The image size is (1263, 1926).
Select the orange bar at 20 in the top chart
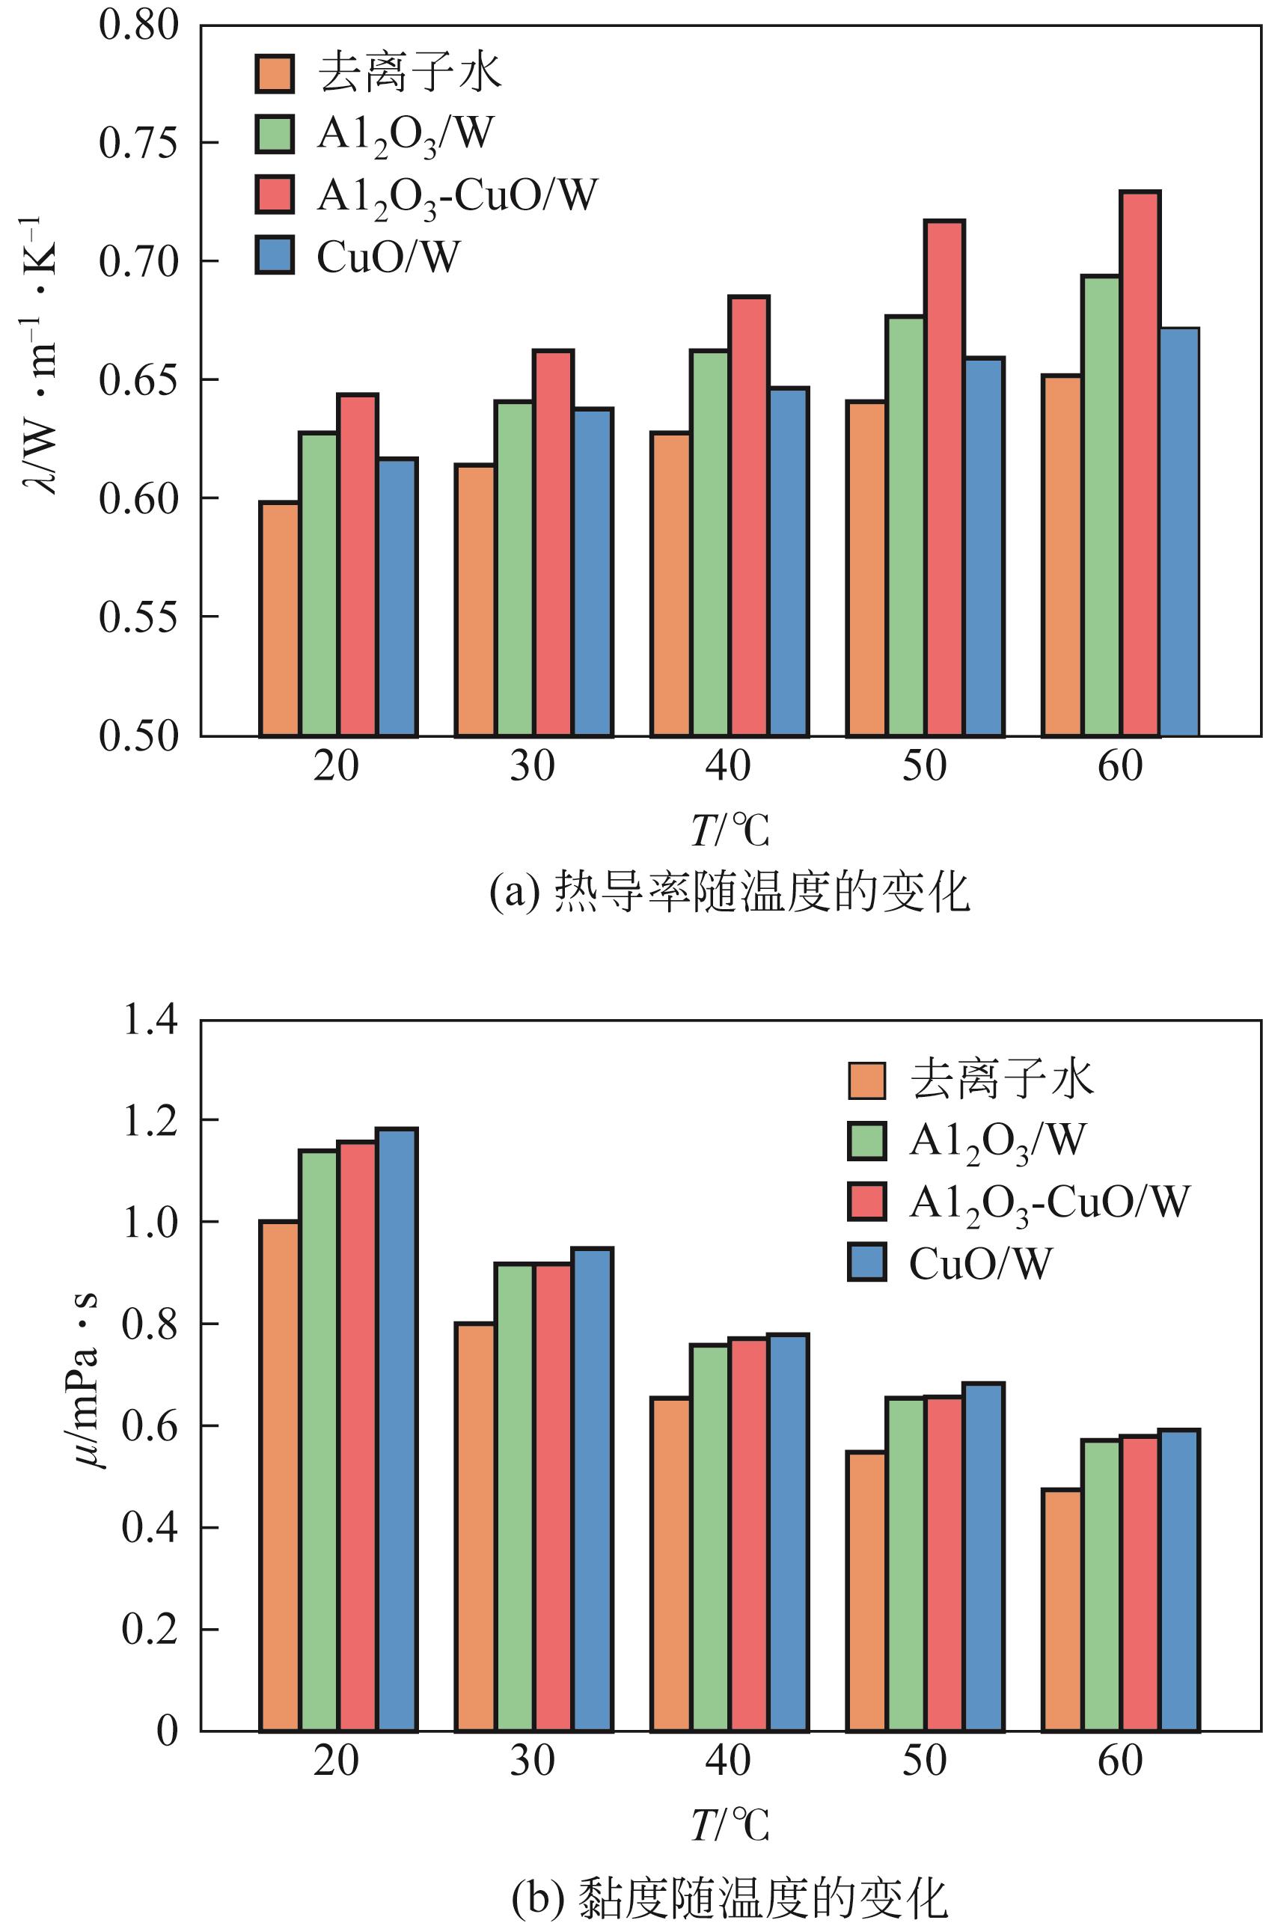click(279, 619)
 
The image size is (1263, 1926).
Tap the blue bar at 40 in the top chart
click(789, 563)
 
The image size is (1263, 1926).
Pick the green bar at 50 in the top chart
click(905, 526)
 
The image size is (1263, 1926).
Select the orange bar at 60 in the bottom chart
click(1062, 1610)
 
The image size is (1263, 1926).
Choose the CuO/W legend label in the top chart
click(388, 257)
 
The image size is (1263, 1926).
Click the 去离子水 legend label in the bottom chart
click(1002, 1080)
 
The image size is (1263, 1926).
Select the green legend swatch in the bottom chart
click(867, 1141)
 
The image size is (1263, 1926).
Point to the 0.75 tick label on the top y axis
click(138, 143)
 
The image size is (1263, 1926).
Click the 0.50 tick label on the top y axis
click(138, 736)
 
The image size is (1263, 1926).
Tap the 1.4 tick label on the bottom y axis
click(150, 1021)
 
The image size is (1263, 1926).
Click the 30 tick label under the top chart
click(531, 766)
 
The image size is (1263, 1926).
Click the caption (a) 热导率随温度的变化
click(729, 894)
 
